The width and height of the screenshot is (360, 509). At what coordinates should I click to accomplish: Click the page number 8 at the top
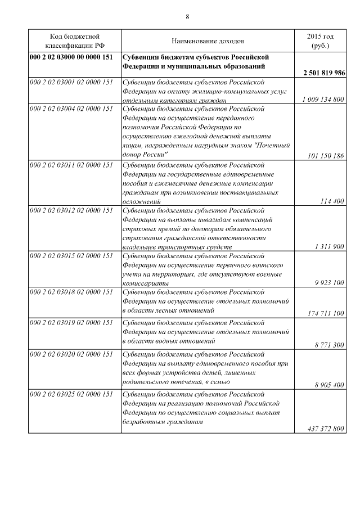(x=187, y=16)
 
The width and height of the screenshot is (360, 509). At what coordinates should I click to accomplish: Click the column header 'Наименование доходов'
(x=208, y=42)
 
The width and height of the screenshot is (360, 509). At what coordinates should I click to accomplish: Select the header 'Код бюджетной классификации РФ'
(x=75, y=42)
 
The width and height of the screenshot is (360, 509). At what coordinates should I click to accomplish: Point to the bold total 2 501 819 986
(x=323, y=74)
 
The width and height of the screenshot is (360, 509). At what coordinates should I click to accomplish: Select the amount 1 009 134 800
(x=323, y=100)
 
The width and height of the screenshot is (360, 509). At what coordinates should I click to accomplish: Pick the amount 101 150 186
(x=326, y=156)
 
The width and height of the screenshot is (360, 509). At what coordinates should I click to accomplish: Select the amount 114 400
(x=331, y=201)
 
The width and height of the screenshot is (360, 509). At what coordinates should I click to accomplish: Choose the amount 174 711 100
(x=326, y=313)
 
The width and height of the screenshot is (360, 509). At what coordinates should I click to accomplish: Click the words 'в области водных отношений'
(x=169, y=341)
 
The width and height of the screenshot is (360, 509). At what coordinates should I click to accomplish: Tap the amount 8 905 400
(x=329, y=385)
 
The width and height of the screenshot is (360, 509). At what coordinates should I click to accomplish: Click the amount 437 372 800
(x=326, y=429)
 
